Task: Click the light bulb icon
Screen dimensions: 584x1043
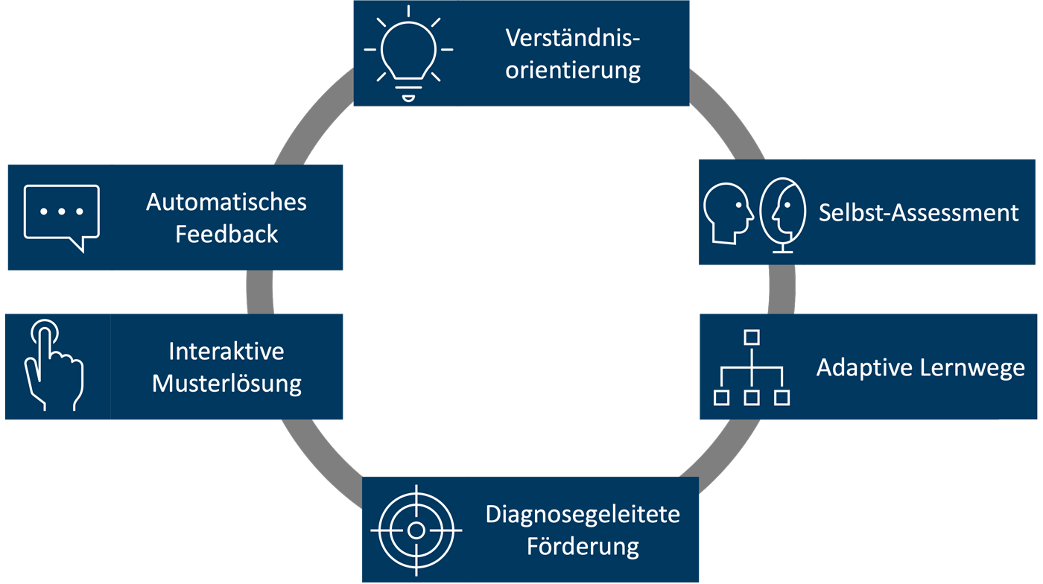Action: (x=408, y=52)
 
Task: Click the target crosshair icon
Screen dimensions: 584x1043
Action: (x=416, y=530)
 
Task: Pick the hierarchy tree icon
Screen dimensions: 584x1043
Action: (x=751, y=368)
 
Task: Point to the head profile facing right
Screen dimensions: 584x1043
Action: (x=729, y=212)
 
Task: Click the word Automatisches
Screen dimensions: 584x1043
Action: (x=226, y=202)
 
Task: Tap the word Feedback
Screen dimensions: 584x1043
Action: (x=226, y=234)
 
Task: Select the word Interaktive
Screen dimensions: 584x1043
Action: (x=226, y=351)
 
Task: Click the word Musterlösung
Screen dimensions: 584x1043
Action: (x=226, y=384)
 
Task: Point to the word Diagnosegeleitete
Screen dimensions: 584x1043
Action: (x=583, y=514)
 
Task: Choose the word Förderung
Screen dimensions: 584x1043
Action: (x=583, y=546)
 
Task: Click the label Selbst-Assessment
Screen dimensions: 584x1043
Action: (x=918, y=212)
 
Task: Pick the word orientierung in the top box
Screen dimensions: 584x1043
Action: (x=573, y=70)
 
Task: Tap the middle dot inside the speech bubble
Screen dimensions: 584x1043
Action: (x=62, y=212)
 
